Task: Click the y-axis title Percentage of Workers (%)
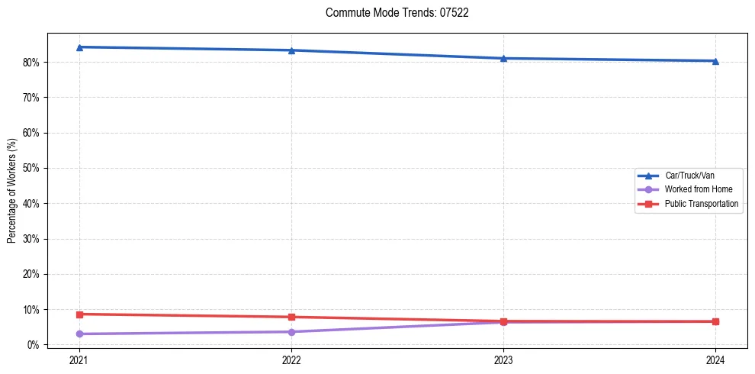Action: pos(11,191)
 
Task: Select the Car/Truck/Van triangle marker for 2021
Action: pos(79,47)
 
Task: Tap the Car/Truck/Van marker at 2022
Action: pos(291,50)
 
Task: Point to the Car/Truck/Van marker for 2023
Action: pos(503,58)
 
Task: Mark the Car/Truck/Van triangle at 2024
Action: pos(715,61)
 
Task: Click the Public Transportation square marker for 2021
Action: pos(79,314)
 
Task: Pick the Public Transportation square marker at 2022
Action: pos(291,317)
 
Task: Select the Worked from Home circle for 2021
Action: pos(79,334)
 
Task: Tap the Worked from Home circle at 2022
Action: pos(291,332)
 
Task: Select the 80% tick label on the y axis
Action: pos(33,62)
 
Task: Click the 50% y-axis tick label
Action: pos(33,168)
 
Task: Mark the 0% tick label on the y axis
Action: pos(35,345)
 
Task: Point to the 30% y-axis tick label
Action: pos(33,239)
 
